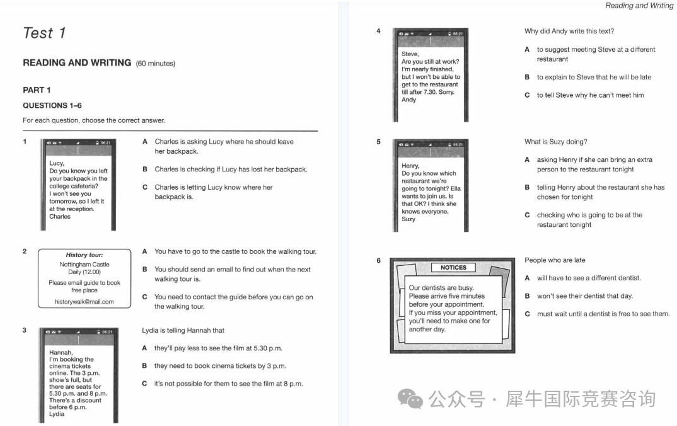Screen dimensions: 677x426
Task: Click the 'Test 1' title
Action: point(44,33)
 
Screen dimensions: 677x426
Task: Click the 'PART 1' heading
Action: point(37,90)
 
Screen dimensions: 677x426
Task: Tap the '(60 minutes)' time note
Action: point(156,64)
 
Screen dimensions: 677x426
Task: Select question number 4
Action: point(379,31)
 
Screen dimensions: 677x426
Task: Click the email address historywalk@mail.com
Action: point(84,302)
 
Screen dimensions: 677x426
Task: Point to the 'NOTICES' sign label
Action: point(453,268)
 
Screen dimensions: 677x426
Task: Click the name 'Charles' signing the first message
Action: point(60,216)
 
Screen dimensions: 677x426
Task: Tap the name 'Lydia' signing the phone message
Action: point(57,414)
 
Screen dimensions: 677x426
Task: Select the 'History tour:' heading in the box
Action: point(84,255)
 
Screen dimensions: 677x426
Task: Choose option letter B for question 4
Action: point(527,78)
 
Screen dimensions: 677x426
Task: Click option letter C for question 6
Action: point(527,314)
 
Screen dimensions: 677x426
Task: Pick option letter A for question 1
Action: point(145,142)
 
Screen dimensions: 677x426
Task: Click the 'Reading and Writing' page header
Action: point(639,6)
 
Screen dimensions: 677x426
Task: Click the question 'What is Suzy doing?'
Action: point(556,142)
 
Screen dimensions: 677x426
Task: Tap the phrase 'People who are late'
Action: point(555,260)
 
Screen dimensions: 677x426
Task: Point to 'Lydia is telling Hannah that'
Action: point(183,331)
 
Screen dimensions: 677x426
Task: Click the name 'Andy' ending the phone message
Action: point(409,100)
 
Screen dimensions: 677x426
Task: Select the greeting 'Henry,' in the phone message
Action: point(410,166)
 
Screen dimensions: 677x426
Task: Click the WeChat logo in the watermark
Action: point(410,398)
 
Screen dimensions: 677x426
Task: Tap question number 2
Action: point(25,251)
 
